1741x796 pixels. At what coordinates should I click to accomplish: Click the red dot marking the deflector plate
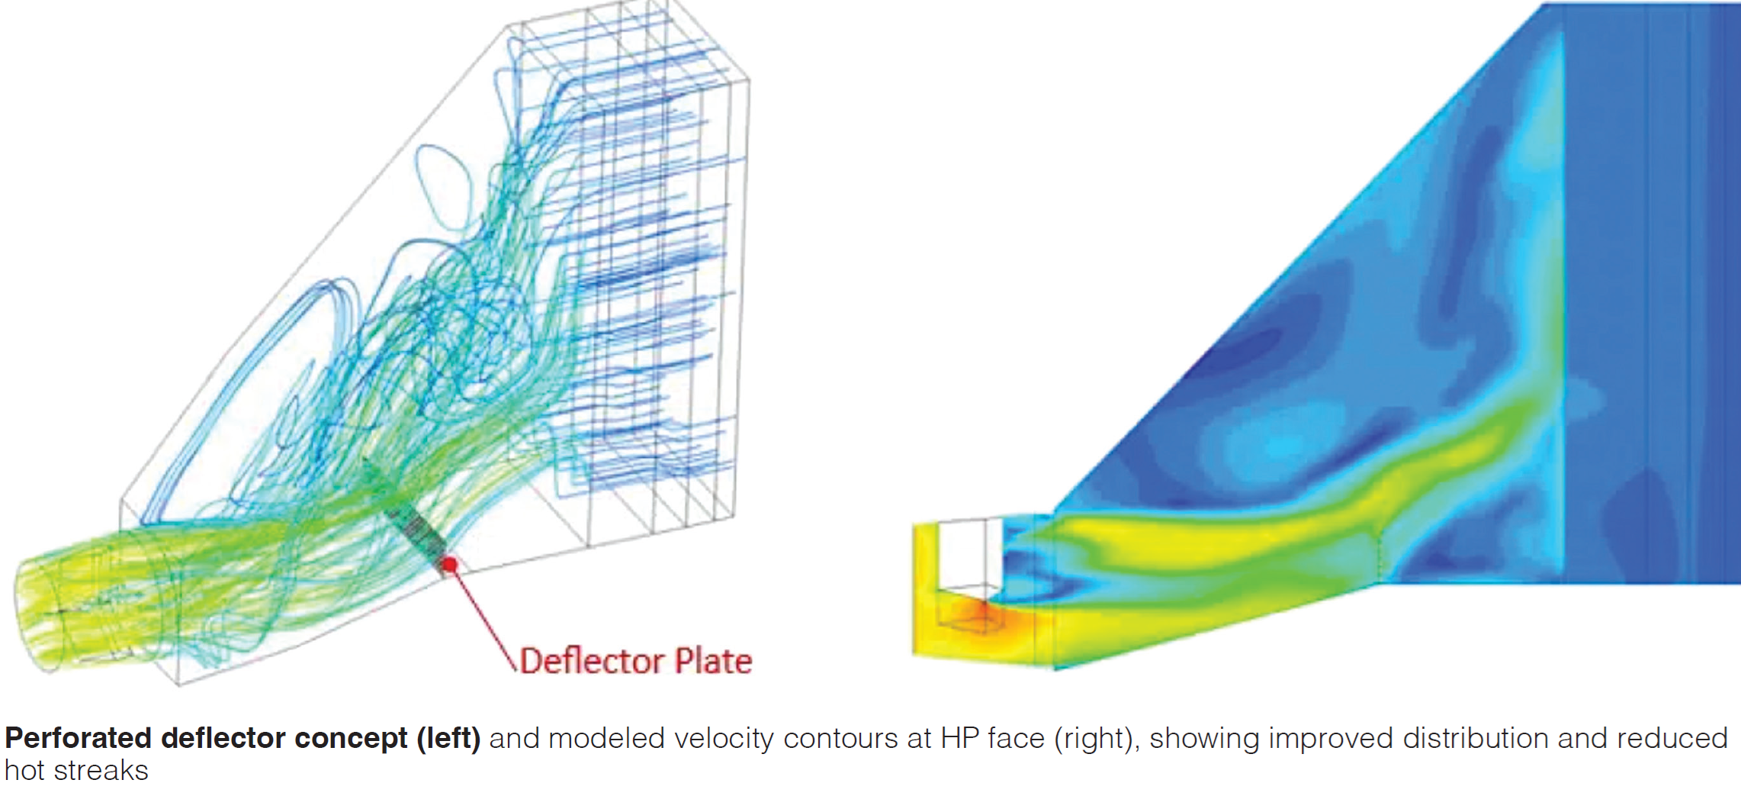pos(450,565)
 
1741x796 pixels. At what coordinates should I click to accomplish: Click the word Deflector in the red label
pos(591,661)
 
